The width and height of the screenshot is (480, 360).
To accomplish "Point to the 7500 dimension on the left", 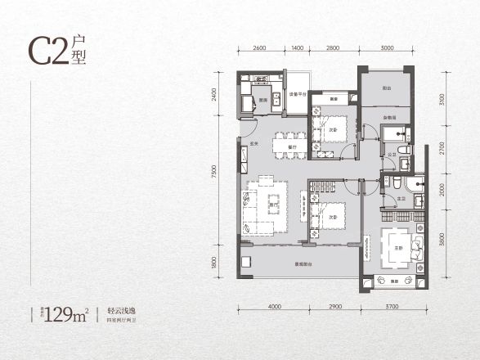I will [213, 174].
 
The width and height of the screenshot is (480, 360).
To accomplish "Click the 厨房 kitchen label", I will [263, 100].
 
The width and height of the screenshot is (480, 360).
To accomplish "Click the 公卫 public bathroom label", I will [393, 154].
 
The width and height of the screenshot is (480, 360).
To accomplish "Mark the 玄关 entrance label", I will [255, 144].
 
